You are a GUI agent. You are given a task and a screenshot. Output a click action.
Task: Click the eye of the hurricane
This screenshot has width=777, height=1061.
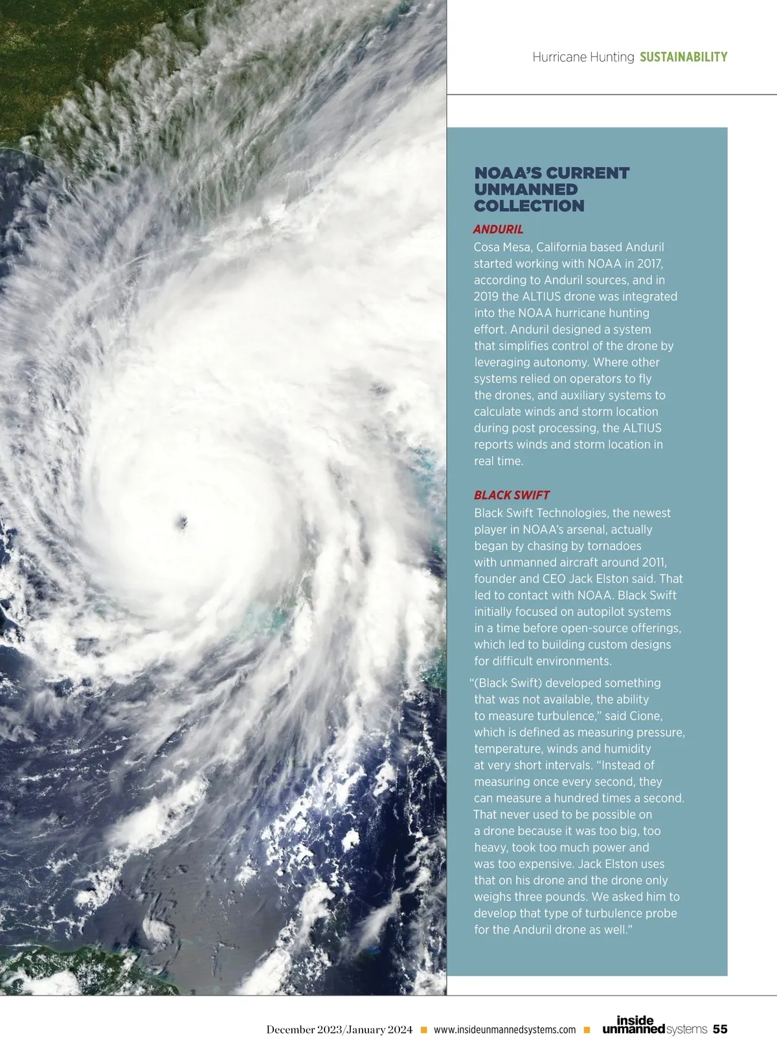click(182, 520)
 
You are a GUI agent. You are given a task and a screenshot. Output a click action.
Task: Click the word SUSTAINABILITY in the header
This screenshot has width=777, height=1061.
click(683, 57)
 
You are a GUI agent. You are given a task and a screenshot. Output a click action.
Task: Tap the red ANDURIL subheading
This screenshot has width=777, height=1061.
click(498, 229)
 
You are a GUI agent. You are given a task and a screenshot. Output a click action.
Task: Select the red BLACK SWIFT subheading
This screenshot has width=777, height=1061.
click(512, 496)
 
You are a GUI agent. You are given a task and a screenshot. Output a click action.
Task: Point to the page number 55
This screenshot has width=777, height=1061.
click(720, 1029)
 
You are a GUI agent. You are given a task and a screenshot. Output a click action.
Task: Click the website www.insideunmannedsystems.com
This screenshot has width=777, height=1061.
click(504, 1030)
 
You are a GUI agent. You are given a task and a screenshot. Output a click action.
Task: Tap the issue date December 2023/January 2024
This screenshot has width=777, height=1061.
click(339, 1030)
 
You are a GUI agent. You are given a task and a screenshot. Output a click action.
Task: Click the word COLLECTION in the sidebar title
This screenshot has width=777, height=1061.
click(529, 206)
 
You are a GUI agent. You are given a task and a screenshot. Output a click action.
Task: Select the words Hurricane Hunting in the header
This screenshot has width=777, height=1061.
click(583, 57)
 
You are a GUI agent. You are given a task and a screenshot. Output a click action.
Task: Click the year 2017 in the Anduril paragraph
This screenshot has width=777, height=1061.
click(649, 264)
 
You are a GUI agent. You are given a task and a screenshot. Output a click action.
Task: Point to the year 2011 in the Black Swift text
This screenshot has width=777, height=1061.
click(653, 562)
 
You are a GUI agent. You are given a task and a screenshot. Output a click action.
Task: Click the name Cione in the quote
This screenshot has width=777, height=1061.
click(645, 716)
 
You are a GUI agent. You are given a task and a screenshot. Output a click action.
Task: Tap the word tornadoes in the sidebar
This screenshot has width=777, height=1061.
click(614, 546)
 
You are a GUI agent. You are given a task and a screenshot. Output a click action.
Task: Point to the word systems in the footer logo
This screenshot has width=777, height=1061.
click(686, 1029)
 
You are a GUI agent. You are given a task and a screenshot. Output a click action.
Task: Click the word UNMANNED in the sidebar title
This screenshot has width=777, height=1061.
click(526, 190)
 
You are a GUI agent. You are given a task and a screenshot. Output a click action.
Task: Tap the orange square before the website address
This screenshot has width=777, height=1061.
click(424, 1030)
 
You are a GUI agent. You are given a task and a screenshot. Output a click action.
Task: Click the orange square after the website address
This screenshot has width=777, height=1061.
click(587, 1030)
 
